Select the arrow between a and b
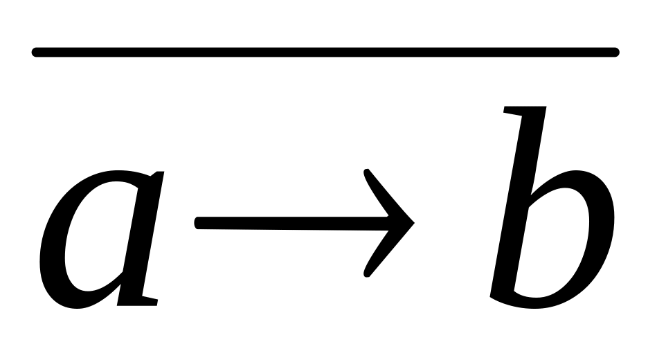pos(305,223)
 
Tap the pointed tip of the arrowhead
pos(413,224)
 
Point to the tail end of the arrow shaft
pos(199,223)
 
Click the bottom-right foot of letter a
pos(142,300)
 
